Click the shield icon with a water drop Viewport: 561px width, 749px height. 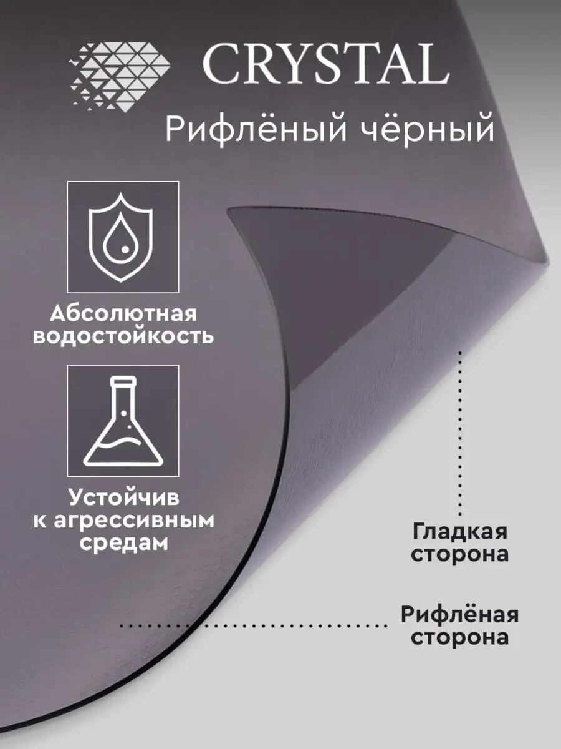pos(123,237)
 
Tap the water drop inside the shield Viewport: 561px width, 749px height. pos(123,241)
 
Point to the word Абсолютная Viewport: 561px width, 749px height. pos(123,312)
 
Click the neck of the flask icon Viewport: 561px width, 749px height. pos(123,393)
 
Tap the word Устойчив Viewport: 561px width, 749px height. pos(123,498)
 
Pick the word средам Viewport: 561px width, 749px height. pos(123,542)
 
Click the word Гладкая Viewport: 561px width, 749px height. pos(459,532)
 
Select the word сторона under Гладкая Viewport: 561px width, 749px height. pos(459,554)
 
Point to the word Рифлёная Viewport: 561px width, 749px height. pos(459,615)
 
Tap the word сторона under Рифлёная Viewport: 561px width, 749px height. pos(459,637)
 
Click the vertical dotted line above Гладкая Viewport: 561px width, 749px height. pos(460,431)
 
